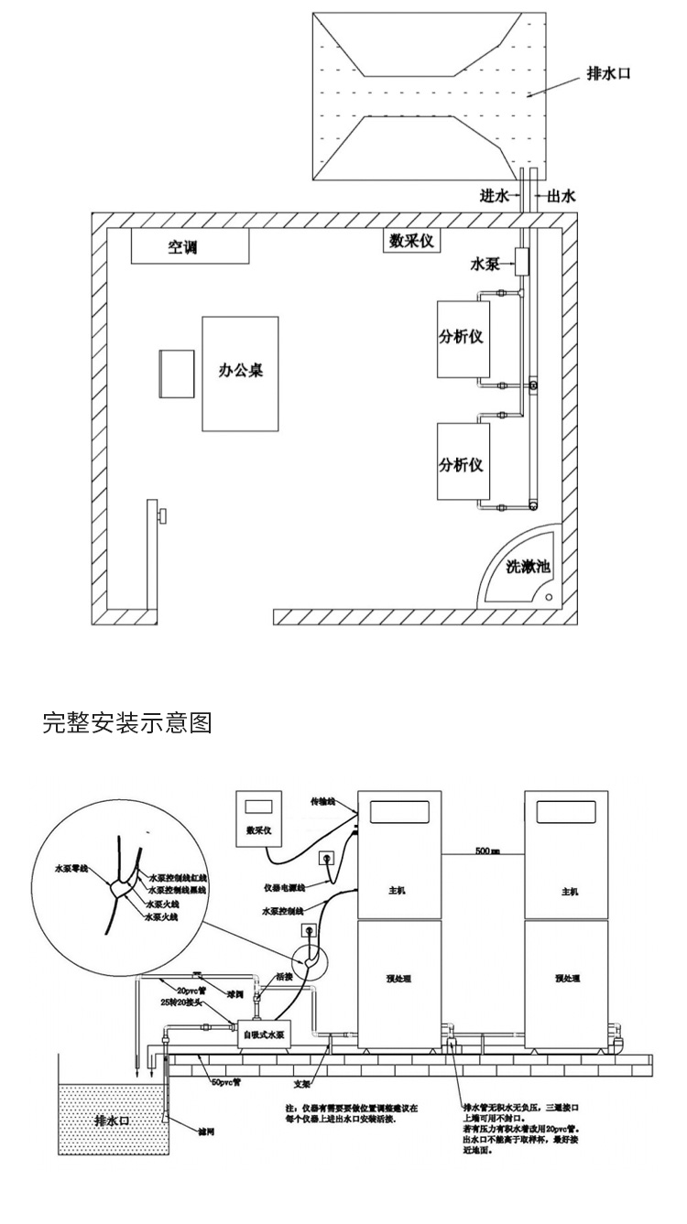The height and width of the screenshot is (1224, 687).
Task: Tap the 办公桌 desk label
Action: tap(240, 373)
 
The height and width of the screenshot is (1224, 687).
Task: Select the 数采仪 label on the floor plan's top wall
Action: tap(411, 241)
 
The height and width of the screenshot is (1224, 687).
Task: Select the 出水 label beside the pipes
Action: tap(561, 196)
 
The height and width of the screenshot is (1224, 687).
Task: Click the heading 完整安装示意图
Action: tap(127, 724)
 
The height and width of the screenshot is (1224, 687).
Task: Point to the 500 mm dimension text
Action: tap(487, 850)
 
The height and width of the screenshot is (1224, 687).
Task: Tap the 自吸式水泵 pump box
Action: tap(263, 1035)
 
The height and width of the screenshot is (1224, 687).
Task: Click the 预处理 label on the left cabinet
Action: tap(399, 978)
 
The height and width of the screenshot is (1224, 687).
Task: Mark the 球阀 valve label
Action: tap(235, 993)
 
